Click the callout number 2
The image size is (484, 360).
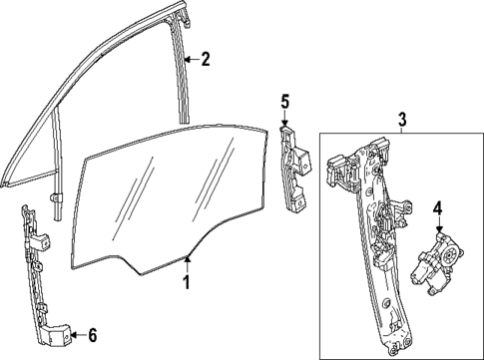(205, 59)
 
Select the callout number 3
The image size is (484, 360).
(401, 121)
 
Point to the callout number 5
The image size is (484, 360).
(284, 101)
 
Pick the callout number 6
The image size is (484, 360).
(94, 334)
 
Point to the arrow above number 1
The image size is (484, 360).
(188, 260)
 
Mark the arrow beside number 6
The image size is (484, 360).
(76, 334)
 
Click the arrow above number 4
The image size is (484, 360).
(437, 228)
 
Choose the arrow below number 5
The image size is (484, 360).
(285, 121)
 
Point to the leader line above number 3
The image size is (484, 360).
(401, 131)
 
